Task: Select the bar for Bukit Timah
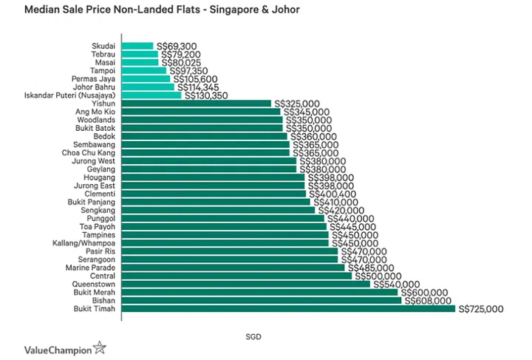point(288,309)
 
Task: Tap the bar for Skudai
point(137,46)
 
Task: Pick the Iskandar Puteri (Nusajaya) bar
point(151,95)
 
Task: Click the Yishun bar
point(195,103)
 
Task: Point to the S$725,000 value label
point(481,309)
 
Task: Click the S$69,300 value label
point(177,46)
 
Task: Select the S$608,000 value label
point(426,301)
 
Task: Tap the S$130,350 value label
point(206,95)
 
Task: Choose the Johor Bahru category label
point(94,87)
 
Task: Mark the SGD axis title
point(253,336)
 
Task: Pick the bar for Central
point(236,276)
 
